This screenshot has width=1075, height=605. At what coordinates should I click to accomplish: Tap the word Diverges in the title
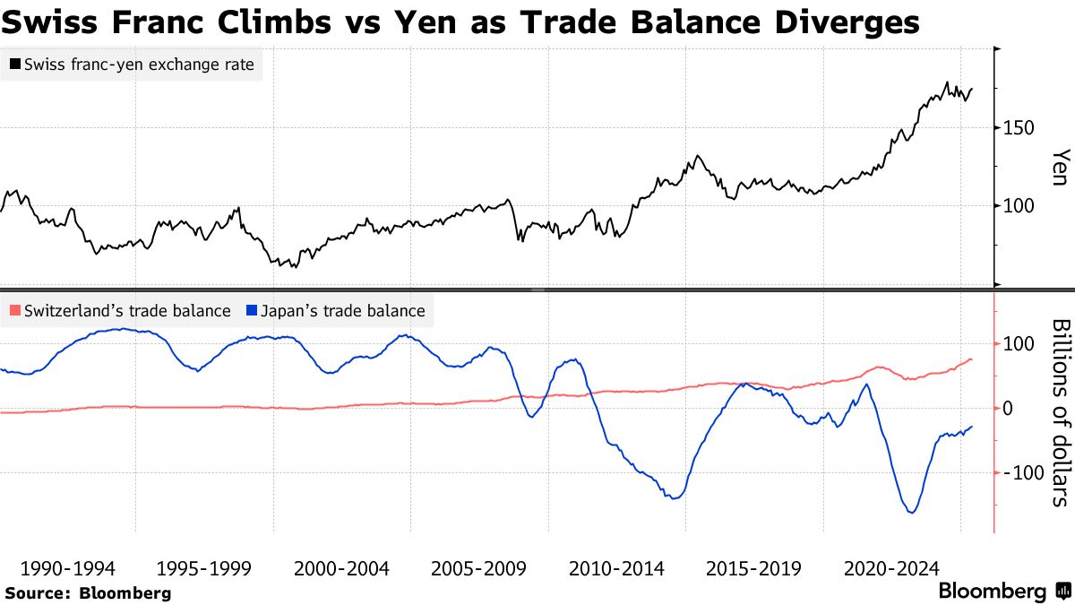click(838, 22)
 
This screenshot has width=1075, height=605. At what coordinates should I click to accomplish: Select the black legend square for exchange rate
click(14, 65)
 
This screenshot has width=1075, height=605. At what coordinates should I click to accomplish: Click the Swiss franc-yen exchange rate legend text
click(139, 65)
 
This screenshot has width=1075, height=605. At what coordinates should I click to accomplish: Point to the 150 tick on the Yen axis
click(1019, 127)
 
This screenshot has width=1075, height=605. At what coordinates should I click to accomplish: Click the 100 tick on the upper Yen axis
click(1019, 206)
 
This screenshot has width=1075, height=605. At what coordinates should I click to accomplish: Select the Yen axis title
click(1060, 167)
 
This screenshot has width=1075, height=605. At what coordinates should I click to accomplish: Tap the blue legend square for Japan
click(252, 311)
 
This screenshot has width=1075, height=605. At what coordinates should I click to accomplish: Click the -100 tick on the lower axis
click(1023, 472)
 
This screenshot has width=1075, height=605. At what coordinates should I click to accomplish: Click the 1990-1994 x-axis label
click(67, 569)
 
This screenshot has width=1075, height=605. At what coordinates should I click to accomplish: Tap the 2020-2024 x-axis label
click(892, 569)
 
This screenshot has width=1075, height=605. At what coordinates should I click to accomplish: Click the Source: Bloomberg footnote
click(88, 592)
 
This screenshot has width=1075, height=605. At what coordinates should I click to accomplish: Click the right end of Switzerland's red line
click(972, 359)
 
